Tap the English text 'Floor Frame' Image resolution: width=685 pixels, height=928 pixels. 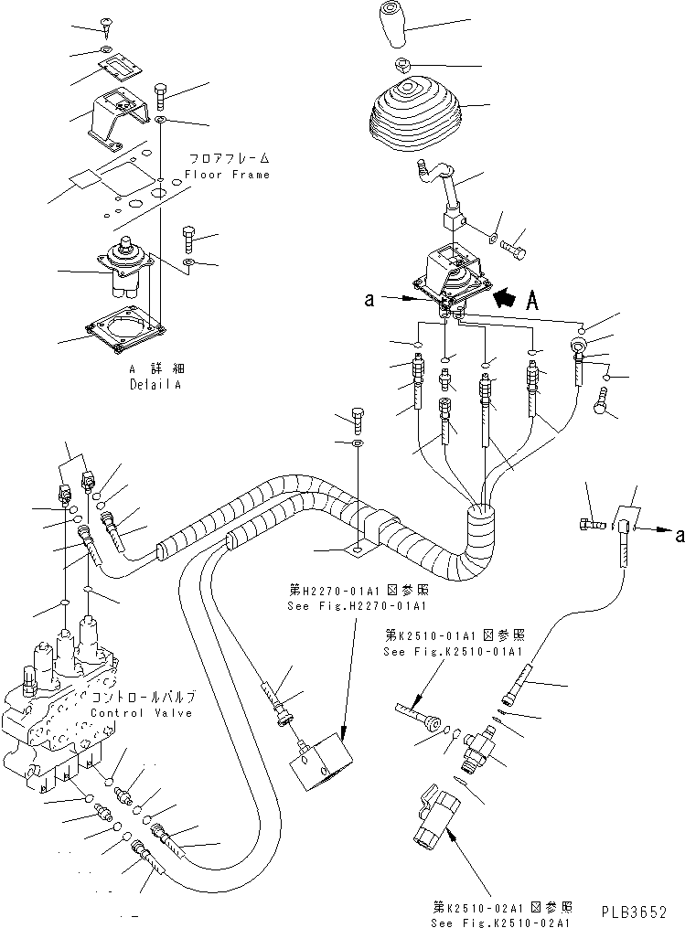click(x=227, y=174)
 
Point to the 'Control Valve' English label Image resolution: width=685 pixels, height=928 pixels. click(x=142, y=712)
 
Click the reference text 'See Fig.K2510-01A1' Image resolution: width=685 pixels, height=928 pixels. click(x=452, y=651)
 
